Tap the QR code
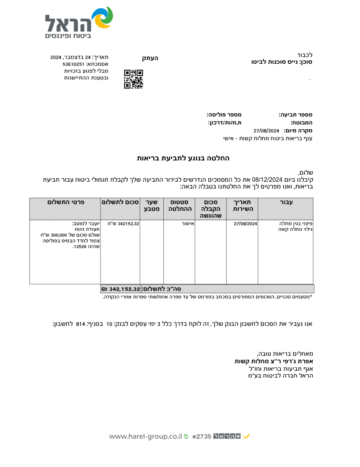tap(133, 79)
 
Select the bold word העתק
tap(150, 58)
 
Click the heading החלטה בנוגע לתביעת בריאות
tap(183, 158)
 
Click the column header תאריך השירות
tap(243, 206)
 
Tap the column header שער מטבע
tap(151, 206)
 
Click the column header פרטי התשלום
tap(66, 202)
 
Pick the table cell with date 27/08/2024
tap(246, 224)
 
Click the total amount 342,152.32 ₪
tap(121, 289)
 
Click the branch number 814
tap(80, 324)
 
